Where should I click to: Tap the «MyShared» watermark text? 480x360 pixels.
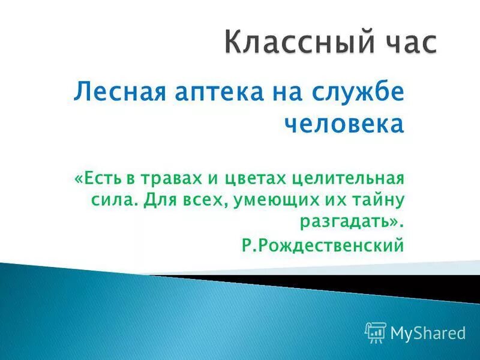tap(428, 332)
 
